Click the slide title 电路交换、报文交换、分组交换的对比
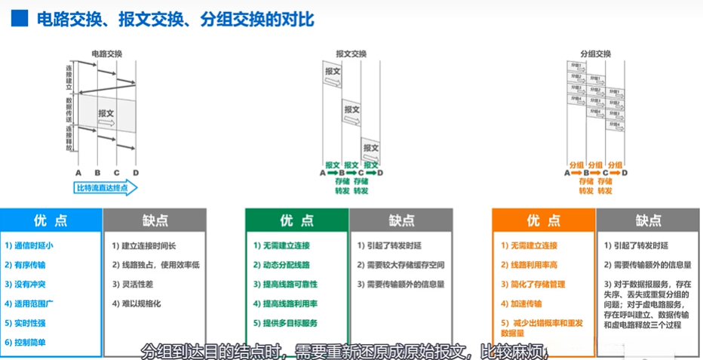pos(176,19)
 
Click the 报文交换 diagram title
pos(351,54)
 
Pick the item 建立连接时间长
pos(149,245)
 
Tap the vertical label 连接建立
pos(69,78)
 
